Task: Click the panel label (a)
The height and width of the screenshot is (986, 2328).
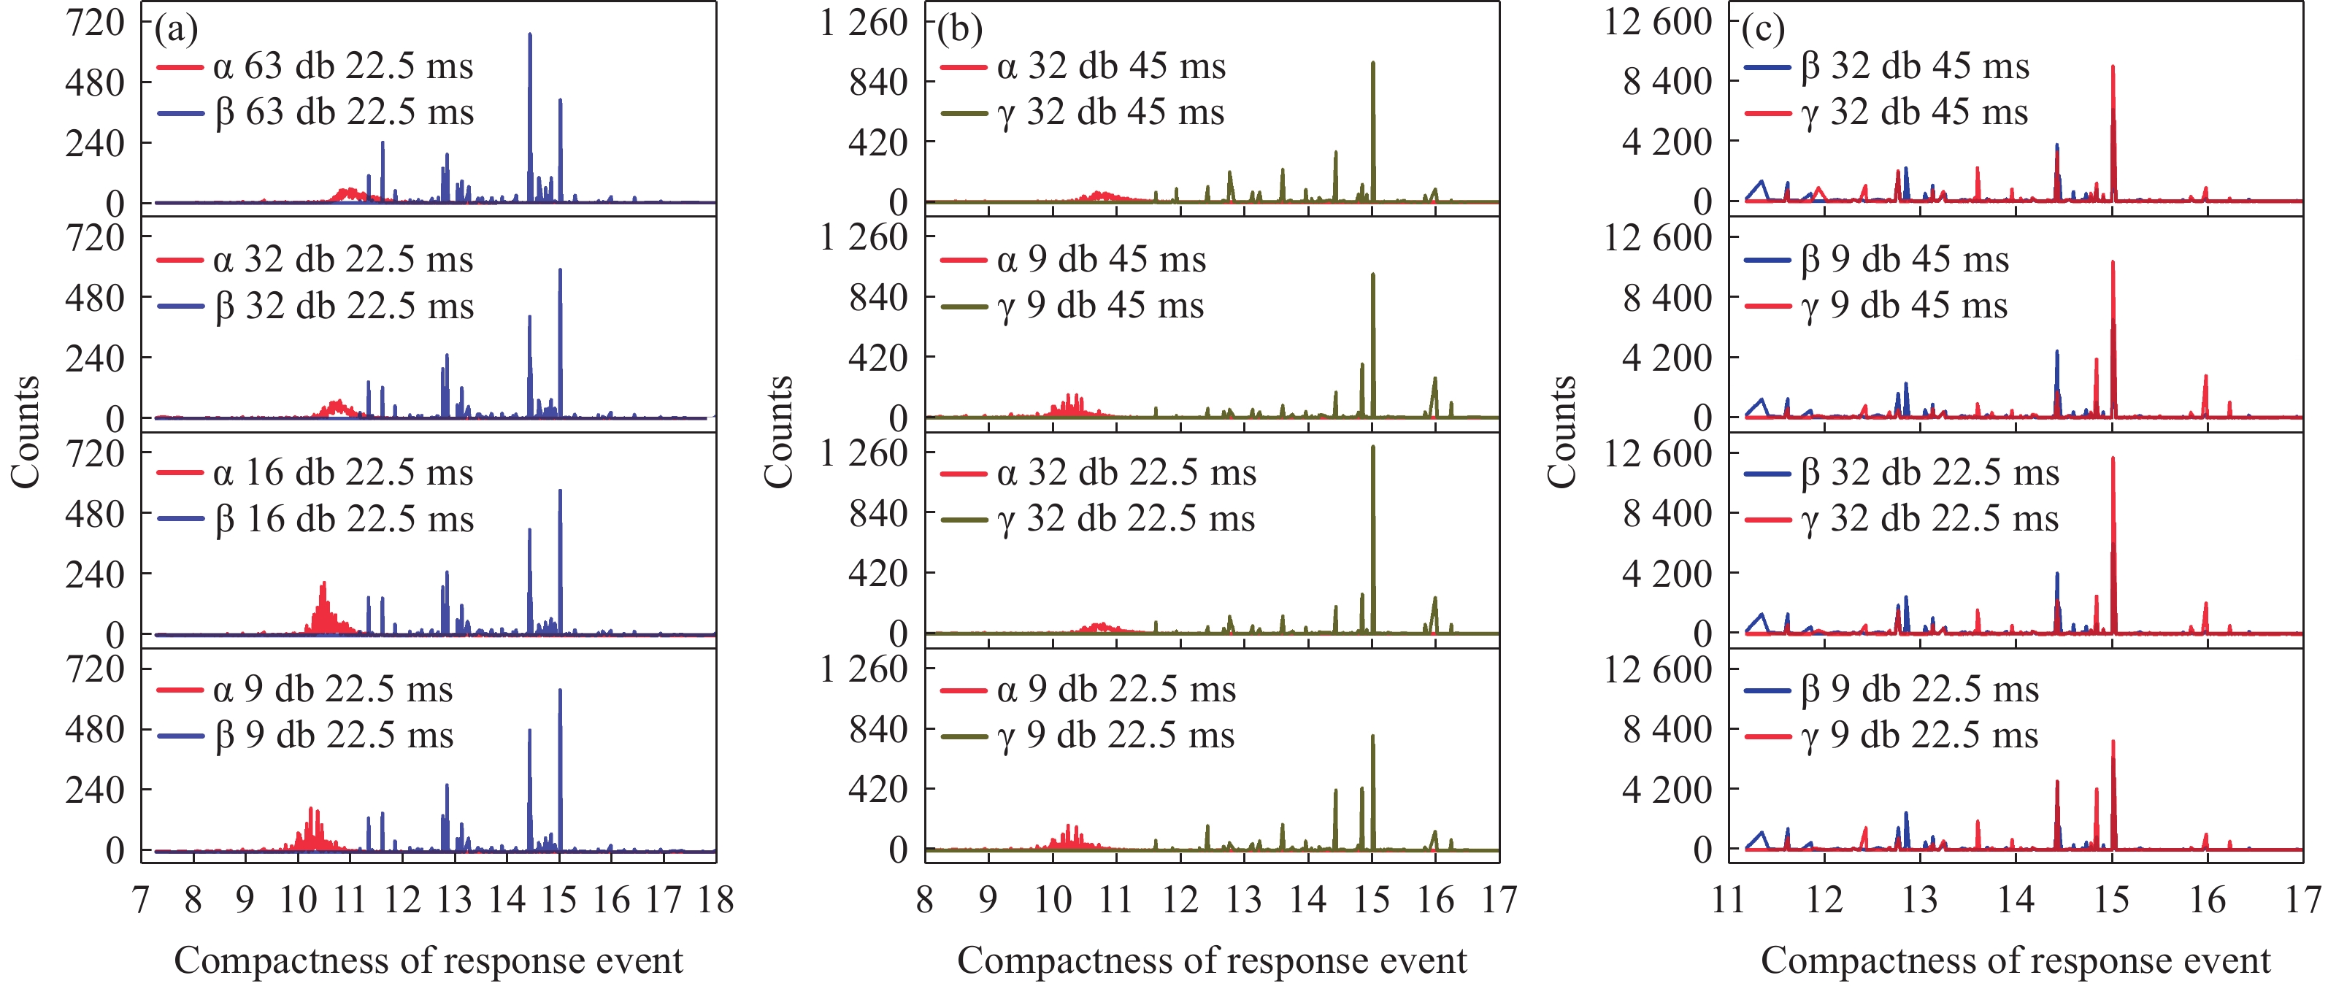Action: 175,29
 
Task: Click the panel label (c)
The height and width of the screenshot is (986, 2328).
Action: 1762,29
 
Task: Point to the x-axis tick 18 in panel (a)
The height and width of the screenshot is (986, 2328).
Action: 715,900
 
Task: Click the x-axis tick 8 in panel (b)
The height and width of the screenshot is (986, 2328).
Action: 924,900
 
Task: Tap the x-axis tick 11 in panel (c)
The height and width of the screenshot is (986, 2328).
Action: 1728,900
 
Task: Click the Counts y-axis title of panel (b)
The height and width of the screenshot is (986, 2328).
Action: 778,432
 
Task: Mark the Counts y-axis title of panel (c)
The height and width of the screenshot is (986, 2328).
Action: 1561,432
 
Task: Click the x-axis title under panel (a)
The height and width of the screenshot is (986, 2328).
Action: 429,960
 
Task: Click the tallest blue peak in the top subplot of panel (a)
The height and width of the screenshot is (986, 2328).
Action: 529,36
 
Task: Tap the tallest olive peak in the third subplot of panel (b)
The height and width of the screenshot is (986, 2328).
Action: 1372,448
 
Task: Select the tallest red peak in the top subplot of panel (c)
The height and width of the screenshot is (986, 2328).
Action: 2113,68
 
